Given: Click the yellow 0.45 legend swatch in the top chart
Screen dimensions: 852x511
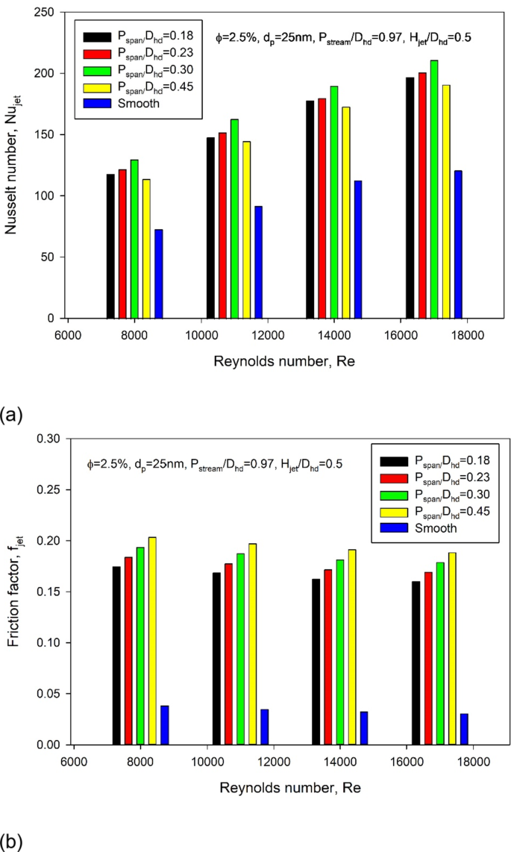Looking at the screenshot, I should click(97, 87).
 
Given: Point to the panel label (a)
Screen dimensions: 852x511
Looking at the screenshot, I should click(13, 413).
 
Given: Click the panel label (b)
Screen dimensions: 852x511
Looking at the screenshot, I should click(13, 840).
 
